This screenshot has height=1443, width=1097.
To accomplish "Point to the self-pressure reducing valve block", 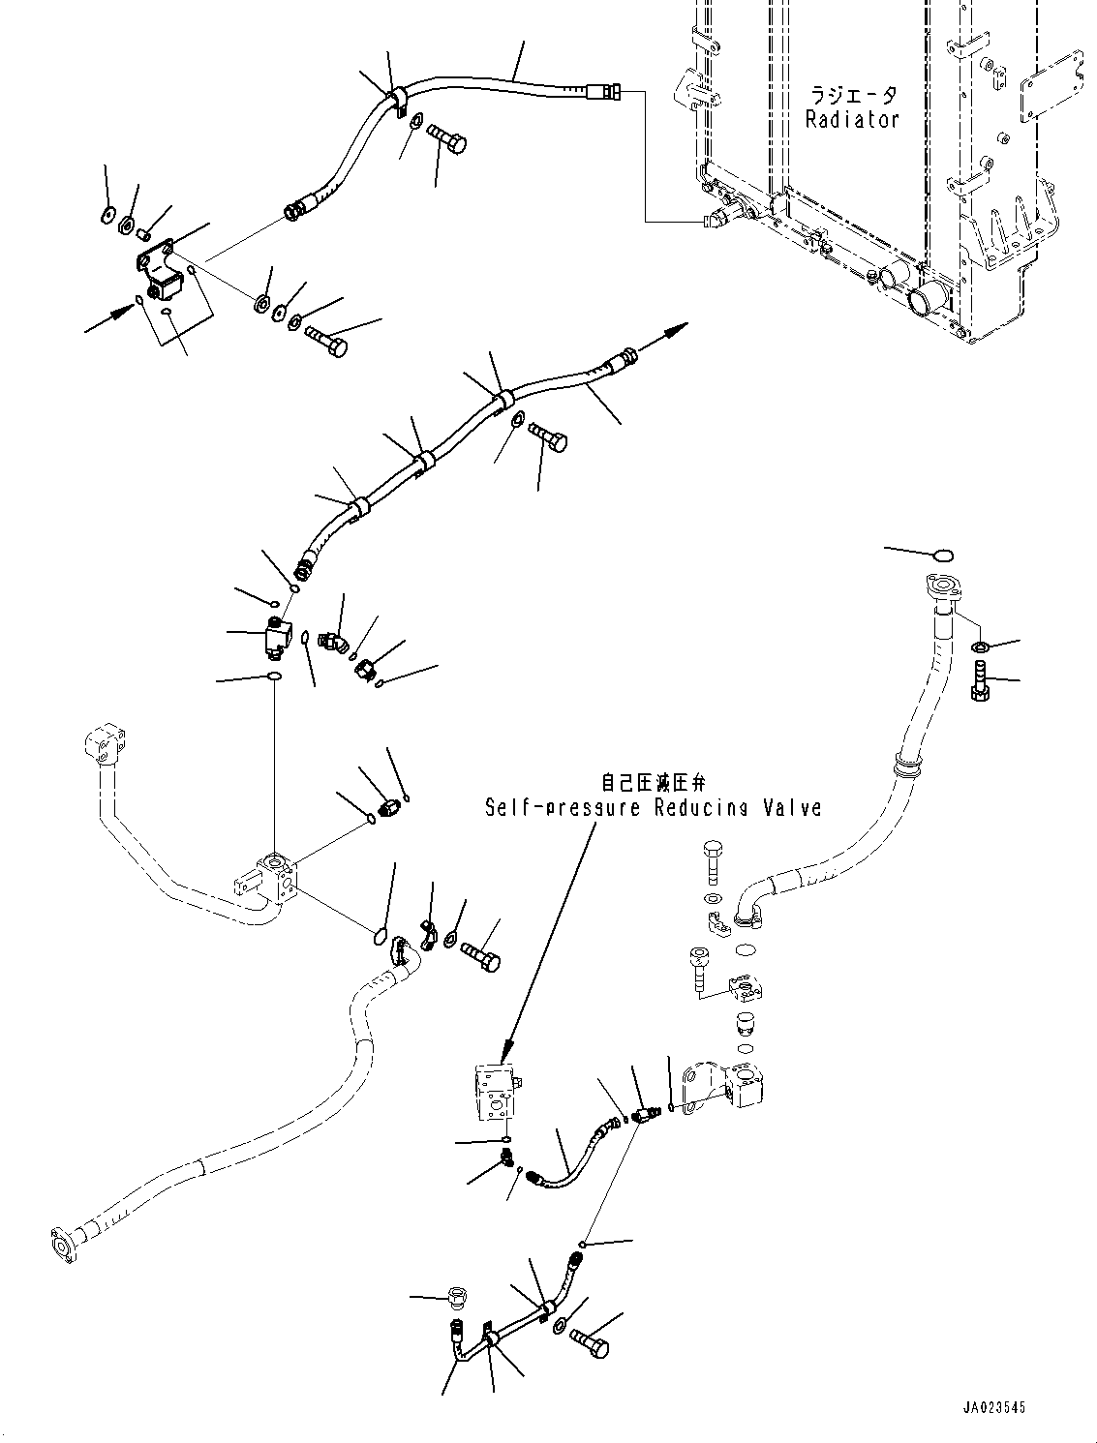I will pyautogui.click(x=498, y=1093).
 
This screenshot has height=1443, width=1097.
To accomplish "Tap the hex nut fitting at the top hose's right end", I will pyautogui.click(x=610, y=92).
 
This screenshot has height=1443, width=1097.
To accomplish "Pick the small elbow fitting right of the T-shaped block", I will pyautogui.click(x=335, y=638).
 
